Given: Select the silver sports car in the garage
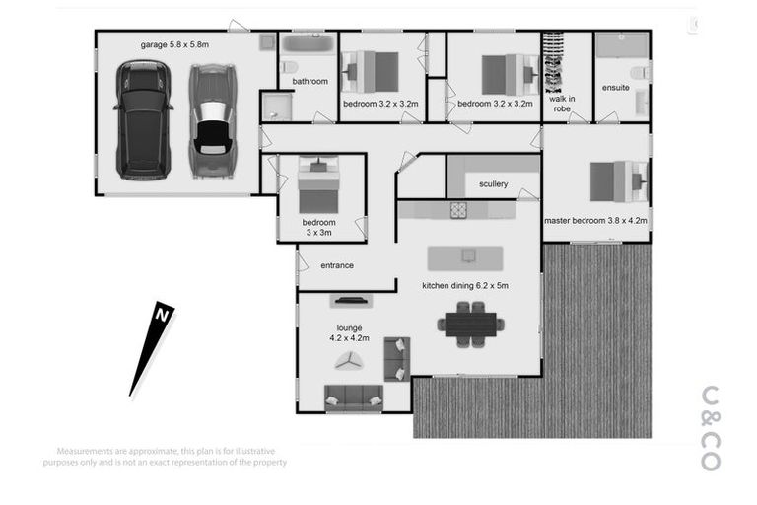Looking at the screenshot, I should point(212,121).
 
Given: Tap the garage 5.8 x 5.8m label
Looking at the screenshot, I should point(174,44).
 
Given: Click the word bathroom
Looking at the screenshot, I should point(310,81).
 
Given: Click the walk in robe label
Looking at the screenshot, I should point(563,104).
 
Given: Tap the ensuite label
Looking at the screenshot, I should point(615,88).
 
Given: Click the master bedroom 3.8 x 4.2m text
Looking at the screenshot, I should point(595,221).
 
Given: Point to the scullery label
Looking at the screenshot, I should point(493,184).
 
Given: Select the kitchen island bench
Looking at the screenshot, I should point(465,257).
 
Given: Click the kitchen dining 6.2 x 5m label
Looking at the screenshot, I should point(465,286).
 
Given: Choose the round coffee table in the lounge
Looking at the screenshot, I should point(348,362).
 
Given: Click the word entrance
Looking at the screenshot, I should point(337,265).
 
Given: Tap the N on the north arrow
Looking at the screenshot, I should point(161,315).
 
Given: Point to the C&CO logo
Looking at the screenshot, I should point(710,427).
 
